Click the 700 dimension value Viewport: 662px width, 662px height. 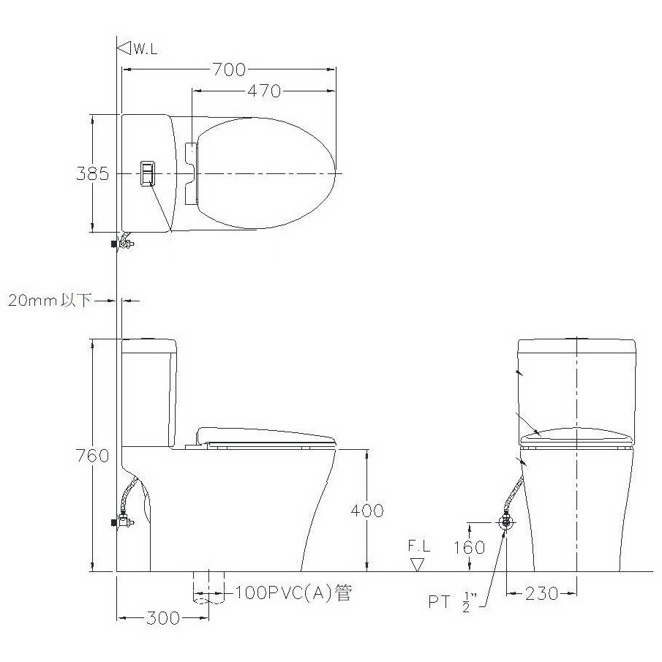pyautogui.click(x=229, y=69)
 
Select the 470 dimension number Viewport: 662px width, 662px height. pyautogui.click(x=264, y=91)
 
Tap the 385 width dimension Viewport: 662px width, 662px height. pyautogui.click(x=92, y=173)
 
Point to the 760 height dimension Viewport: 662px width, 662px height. pyautogui.click(x=92, y=456)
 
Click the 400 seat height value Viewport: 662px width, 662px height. pyautogui.click(x=367, y=511)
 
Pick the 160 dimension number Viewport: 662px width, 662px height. pyautogui.click(x=470, y=548)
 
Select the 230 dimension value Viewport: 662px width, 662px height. pyautogui.click(x=542, y=594)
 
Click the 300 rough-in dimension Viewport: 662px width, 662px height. pyautogui.click(x=163, y=618)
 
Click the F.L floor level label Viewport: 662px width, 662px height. pyautogui.click(x=419, y=546)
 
